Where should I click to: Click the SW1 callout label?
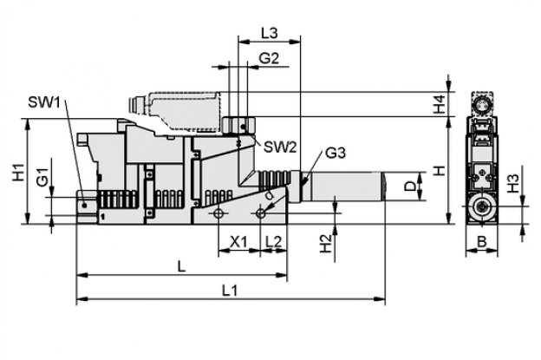click(x=44, y=102)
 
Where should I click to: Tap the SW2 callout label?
click(x=280, y=147)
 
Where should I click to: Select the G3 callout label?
click(x=336, y=153)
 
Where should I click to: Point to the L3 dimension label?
click(x=269, y=34)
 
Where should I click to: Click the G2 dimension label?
click(x=269, y=59)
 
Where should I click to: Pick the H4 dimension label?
click(x=440, y=104)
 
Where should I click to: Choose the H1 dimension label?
click(x=18, y=172)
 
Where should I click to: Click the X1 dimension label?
click(x=238, y=242)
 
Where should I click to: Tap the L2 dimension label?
click(x=274, y=242)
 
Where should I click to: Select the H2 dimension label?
click(x=325, y=244)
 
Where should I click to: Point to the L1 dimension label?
click(x=230, y=291)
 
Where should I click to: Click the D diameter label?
click(x=410, y=187)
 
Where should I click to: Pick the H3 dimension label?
click(x=513, y=184)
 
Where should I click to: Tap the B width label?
click(x=481, y=242)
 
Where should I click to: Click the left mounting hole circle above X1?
click(x=218, y=213)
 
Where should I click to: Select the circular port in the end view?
click(x=481, y=207)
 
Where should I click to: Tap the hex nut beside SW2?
click(x=238, y=125)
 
